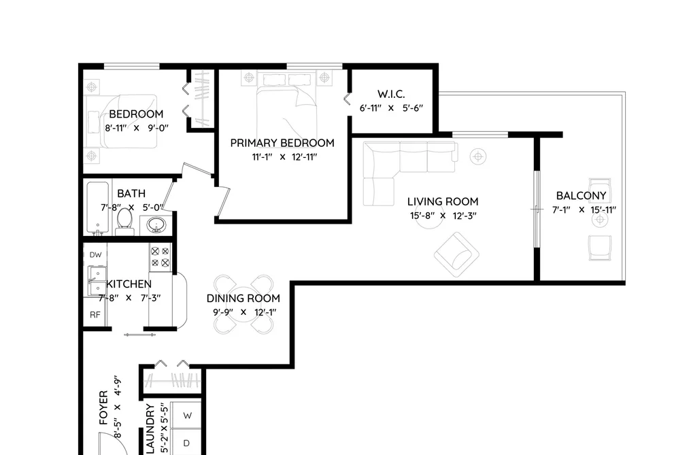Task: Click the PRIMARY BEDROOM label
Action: [x=282, y=144]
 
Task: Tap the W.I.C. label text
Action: [x=391, y=95]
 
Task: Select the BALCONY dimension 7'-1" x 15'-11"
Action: [x=584, y=210]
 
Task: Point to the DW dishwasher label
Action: [x=95, y=255]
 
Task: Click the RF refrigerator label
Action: [x=95, y=315]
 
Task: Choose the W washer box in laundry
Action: [x=186, y=415]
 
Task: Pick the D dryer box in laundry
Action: [x=186, y=443]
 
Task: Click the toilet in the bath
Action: [x=124, y=222]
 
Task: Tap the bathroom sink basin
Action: [x=156, y=225]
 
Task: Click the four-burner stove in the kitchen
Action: [x=160, y=257]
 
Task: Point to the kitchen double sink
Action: [x=96, y=281]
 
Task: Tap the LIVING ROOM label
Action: [x=443, y=202]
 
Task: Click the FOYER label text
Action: [x=103, y=408]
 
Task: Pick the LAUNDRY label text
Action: [x=151, y=429]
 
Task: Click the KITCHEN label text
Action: [x=129, y=284]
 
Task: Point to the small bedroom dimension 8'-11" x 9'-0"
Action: [x=137, y=129]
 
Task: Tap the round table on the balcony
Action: [x=600, y=219]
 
